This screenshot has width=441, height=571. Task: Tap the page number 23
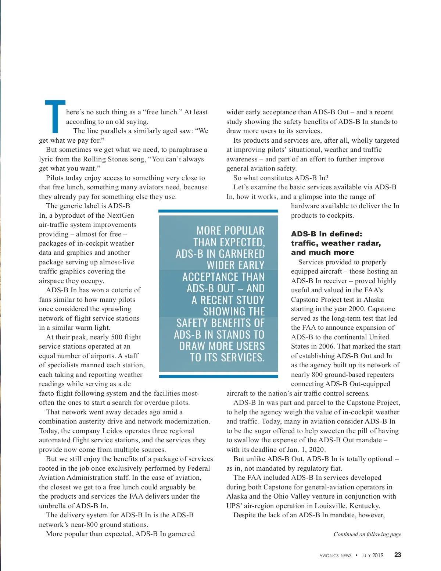(398, 555)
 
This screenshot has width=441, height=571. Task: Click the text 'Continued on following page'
(367, 534)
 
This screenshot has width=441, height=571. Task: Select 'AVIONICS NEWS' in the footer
(335, 556)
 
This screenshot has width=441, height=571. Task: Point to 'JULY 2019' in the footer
(372, 556)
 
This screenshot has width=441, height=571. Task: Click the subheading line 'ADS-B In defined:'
(326, 234)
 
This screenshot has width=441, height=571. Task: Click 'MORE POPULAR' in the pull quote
(230, 231)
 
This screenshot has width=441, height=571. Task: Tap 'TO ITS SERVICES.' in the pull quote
(227, 357)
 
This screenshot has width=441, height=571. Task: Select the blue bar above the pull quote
(218, 211)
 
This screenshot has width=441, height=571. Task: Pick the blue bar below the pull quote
(218, 376)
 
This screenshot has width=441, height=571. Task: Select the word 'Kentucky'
(364, 506)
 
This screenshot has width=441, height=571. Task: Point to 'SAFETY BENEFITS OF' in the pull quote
(220, 323)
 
